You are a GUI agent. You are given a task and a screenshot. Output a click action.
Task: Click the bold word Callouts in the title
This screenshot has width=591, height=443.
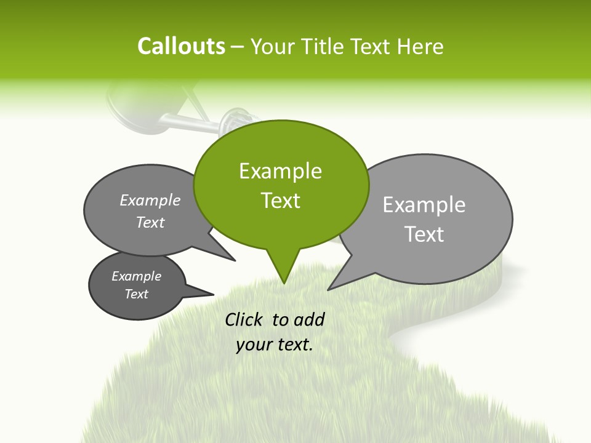[181, 46]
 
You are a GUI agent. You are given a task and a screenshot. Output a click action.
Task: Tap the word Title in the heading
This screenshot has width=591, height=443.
[326, 47]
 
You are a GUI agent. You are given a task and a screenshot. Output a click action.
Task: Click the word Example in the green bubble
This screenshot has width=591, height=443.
[280, 171]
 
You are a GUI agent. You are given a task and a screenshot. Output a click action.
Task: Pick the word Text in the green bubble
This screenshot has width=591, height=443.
[280, 201]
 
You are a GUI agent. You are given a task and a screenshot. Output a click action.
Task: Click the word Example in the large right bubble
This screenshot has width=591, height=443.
[424, 205]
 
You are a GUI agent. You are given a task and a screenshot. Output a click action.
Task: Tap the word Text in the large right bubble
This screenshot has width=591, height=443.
[424, 234]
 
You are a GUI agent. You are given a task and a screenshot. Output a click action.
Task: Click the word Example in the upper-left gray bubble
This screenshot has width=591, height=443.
[150, 200]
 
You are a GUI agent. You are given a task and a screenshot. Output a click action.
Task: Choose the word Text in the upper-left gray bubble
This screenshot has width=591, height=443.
[150, 222]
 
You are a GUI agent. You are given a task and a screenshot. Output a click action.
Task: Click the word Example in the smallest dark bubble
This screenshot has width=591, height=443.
[136, 276]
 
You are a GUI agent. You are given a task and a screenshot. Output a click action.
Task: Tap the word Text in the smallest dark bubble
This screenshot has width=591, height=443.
[136, 294]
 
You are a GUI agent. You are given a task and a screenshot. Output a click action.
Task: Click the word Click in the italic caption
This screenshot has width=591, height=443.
[244, 319]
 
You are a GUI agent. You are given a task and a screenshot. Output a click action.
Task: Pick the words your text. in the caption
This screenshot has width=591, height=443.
[275, 345]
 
